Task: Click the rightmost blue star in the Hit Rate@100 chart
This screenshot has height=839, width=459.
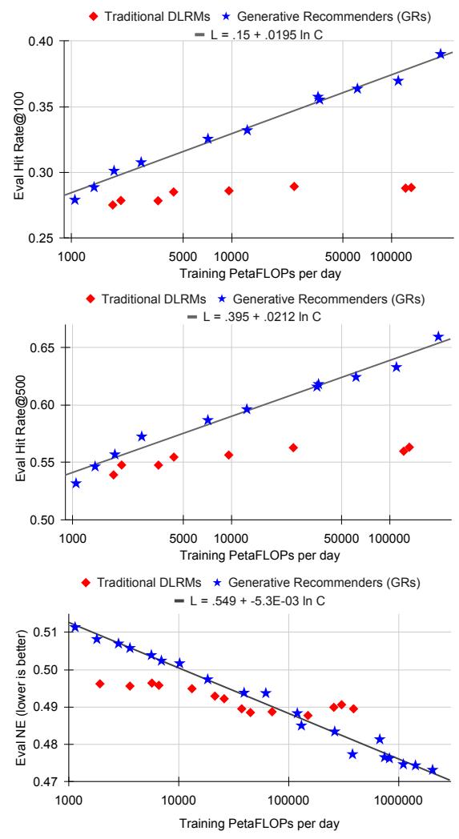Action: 441,54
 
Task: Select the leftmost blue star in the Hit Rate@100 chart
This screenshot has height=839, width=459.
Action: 75,199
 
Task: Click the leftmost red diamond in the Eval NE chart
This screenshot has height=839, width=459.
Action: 100,684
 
